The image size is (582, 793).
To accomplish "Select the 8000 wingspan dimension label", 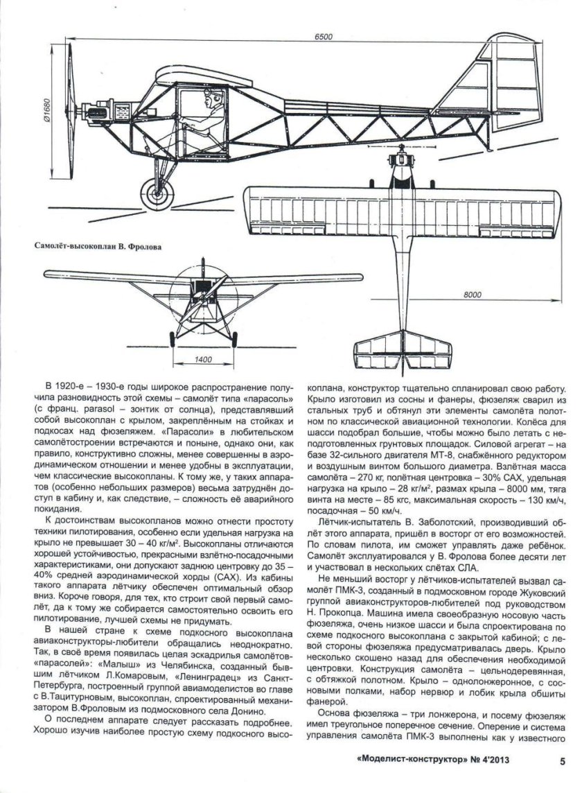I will click(471, 295).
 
